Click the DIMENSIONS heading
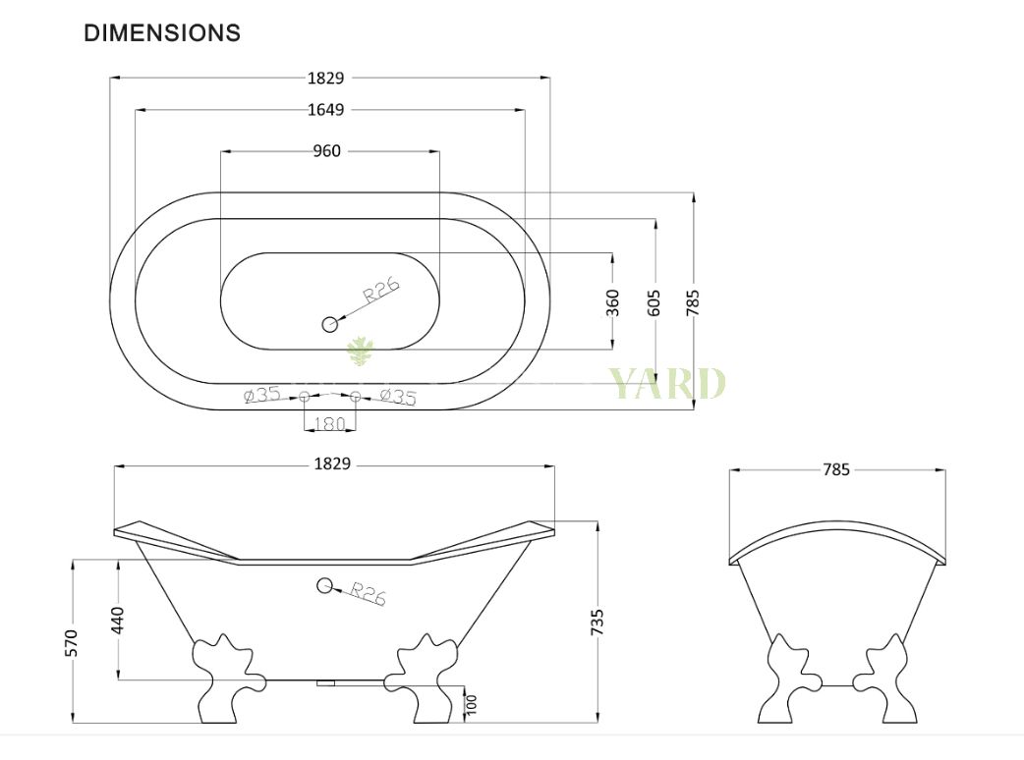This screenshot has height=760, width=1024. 162,32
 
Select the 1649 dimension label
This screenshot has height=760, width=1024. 326,110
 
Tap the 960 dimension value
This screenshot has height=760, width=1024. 326,151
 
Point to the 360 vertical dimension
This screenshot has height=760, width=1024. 613,301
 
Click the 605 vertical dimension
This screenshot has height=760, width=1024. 655,301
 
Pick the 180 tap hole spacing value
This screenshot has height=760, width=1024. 329,424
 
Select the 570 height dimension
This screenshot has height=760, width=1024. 72,642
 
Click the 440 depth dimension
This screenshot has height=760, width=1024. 117,620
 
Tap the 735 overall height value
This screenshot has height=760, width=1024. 597,623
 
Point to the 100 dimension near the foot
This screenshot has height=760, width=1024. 472,703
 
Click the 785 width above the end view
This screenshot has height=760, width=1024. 835,470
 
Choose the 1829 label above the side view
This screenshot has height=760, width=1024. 332,464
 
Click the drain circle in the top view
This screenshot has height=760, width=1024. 330,323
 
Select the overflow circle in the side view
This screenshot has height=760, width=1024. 324,586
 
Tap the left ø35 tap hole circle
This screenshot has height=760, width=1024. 305,396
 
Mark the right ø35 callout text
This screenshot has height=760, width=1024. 397,397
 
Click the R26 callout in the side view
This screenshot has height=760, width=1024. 368,594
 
